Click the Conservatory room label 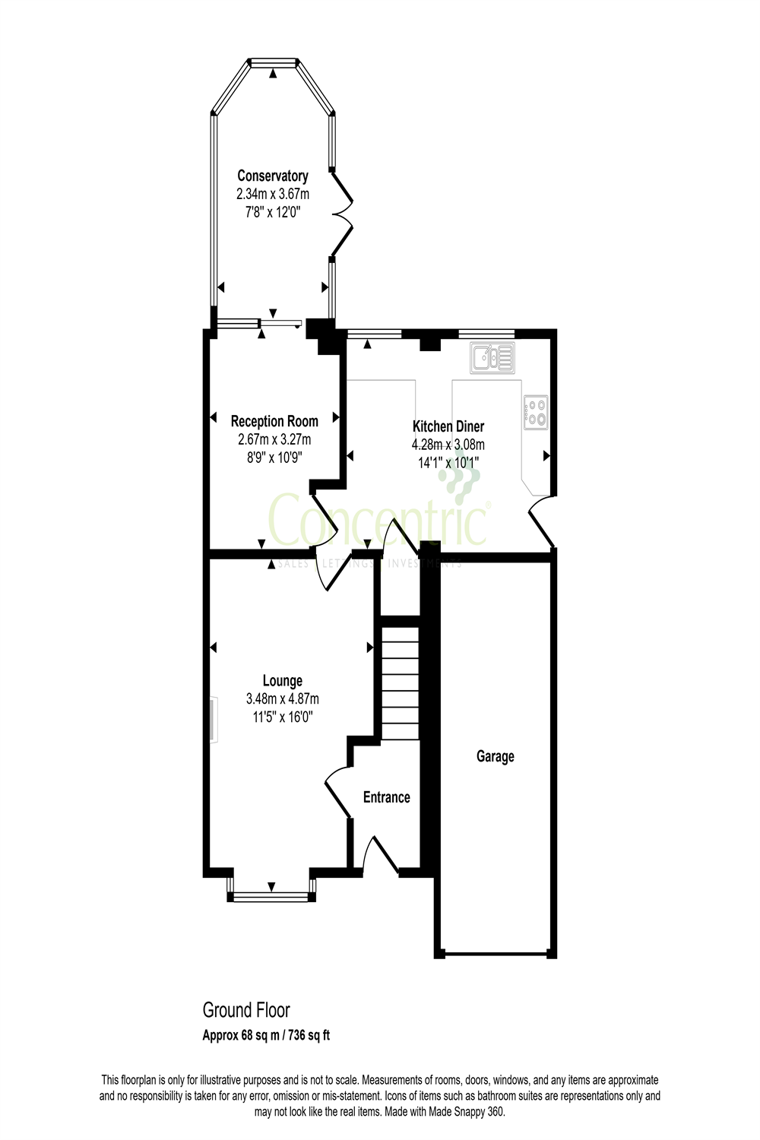(273, 176)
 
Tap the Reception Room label (274, 421)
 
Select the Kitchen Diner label (448, 426)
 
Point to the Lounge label (282, 681)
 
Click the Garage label (495, 756)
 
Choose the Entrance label (386, 797)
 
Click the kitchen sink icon (492, 357)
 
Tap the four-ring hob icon (536, 411)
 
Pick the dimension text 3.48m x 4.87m (282, 699)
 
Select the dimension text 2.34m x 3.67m (273, 195)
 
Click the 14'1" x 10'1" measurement (448, 462)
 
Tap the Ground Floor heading (245, 1010)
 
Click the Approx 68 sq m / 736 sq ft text (266, 1035)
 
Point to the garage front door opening (496, 954)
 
